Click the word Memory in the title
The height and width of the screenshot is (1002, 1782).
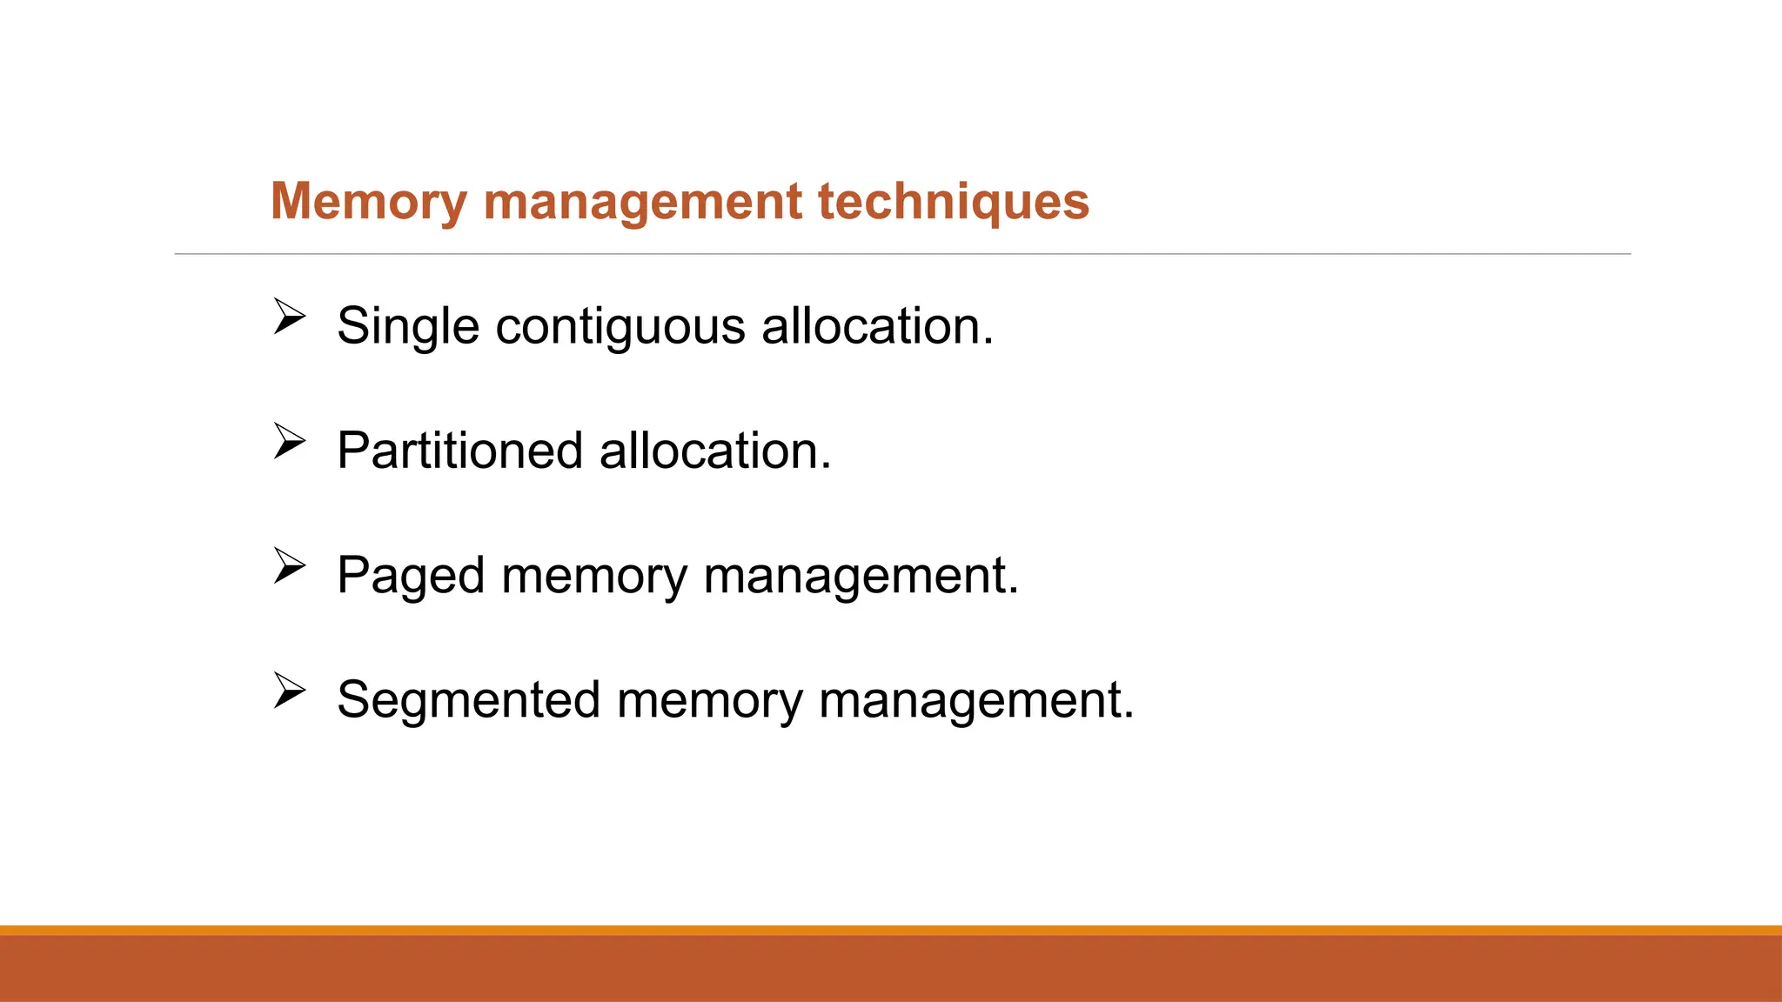[369, 202]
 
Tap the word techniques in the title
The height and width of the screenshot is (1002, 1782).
[953, 202]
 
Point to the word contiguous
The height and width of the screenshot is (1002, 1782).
[620, 327]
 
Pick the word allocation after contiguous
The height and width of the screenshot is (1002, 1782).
[876, 327]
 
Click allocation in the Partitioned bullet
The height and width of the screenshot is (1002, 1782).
[715, 451]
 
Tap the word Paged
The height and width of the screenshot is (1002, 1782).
[411, 576]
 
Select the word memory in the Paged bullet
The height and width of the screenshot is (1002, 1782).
[593, 576]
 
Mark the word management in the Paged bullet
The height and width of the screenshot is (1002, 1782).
[861, 576]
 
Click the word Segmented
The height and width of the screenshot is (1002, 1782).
[469, 700]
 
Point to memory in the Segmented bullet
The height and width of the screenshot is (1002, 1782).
[710, 700]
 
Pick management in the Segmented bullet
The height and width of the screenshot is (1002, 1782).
[976, 700]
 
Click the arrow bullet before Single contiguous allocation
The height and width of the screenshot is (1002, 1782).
[289, 317]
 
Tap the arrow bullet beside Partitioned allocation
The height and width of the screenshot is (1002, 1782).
[289, 441]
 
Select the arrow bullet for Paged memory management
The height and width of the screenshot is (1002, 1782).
[289, 565]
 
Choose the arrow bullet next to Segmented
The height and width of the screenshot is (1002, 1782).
[289, 690]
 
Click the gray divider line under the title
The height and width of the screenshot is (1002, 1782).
[902, 254]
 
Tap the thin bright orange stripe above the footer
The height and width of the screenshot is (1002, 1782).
[891, 930]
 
